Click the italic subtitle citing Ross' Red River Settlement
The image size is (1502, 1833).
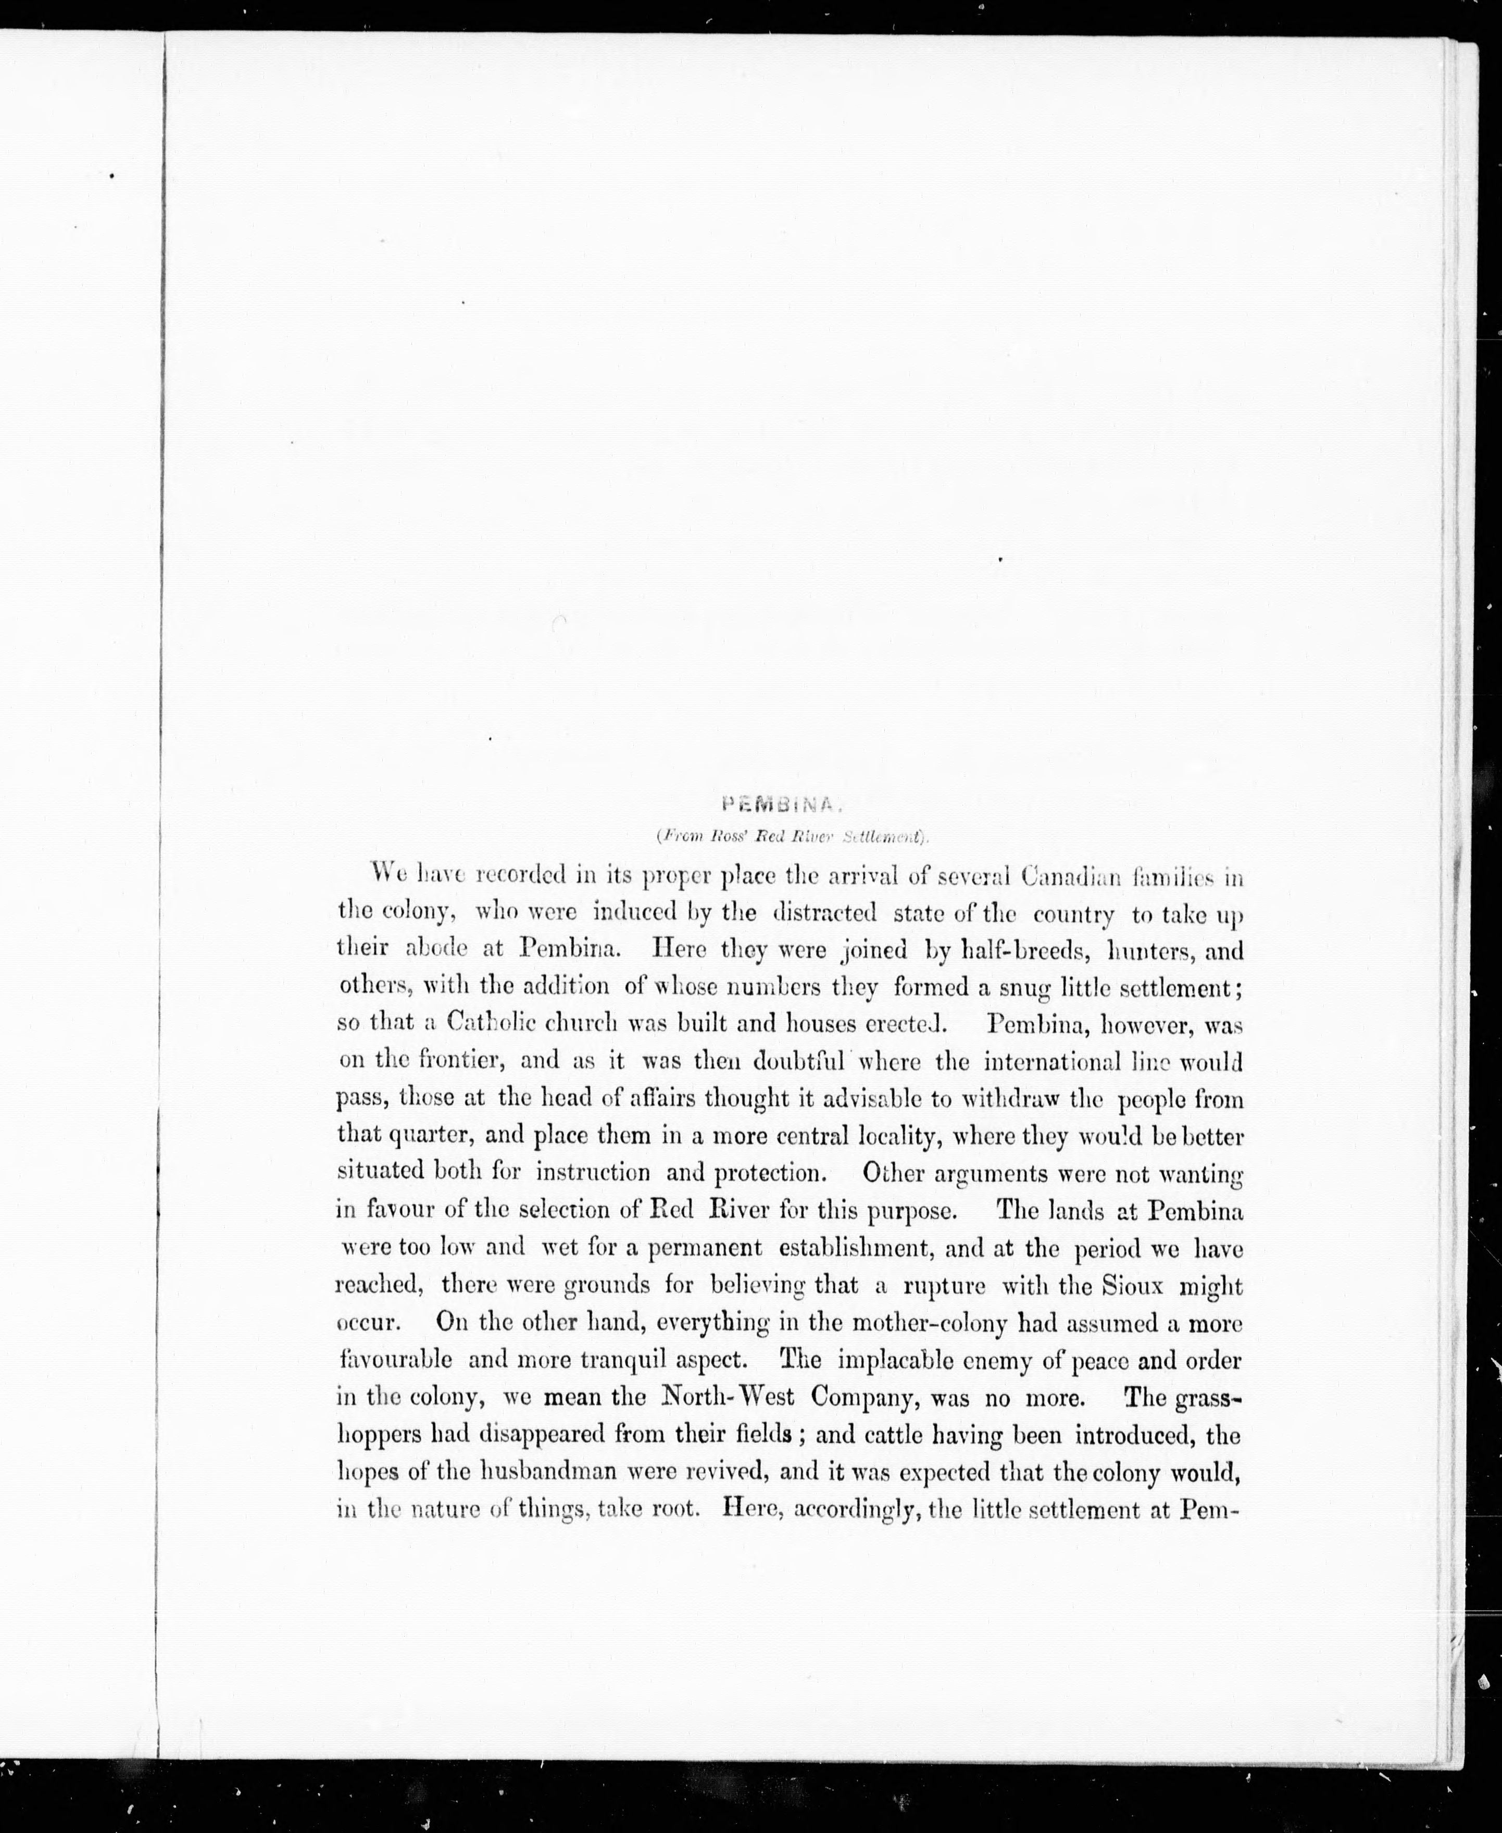pos(792,836)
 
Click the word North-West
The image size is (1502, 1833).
pos(726,1397)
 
